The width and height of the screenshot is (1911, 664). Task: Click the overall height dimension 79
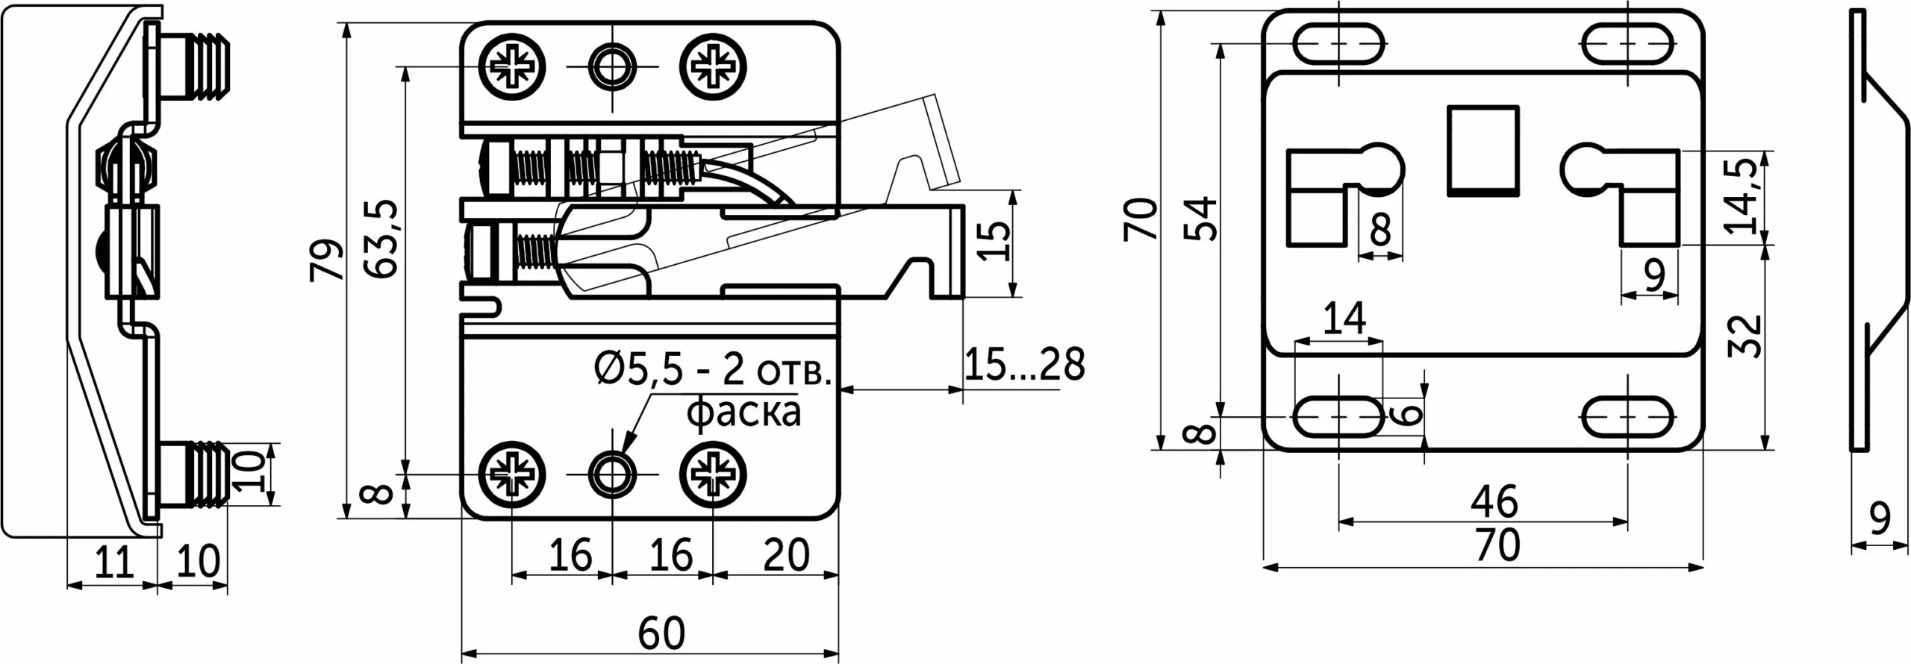click(328, 259)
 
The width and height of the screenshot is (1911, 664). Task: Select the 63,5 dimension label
click(384, 239)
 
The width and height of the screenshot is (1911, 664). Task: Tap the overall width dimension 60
click(661, 633)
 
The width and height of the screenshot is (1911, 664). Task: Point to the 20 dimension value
click(786, 555)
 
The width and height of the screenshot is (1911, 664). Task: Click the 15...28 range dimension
click(1025, 365)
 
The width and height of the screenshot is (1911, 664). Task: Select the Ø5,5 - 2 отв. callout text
click(713, 369)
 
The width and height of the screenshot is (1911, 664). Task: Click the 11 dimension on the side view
click(114, 561)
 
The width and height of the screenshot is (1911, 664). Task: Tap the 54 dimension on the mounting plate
click(1201, 218)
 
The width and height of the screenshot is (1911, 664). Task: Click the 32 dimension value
click(1745, 336)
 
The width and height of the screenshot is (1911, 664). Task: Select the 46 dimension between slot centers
click(1494, 501)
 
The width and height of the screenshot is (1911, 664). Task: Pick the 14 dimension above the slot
click(1344, 318)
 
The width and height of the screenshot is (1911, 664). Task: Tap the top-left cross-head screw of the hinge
click(512, 66)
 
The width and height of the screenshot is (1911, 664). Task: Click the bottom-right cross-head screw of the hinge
click(713, 474)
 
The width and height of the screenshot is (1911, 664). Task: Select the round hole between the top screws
click(612, 66)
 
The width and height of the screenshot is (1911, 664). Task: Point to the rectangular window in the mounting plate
click(1483, 151)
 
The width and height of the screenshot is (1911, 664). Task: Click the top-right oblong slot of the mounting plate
click(1627, 44)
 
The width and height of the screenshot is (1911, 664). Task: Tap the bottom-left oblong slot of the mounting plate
click(1338, 416)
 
